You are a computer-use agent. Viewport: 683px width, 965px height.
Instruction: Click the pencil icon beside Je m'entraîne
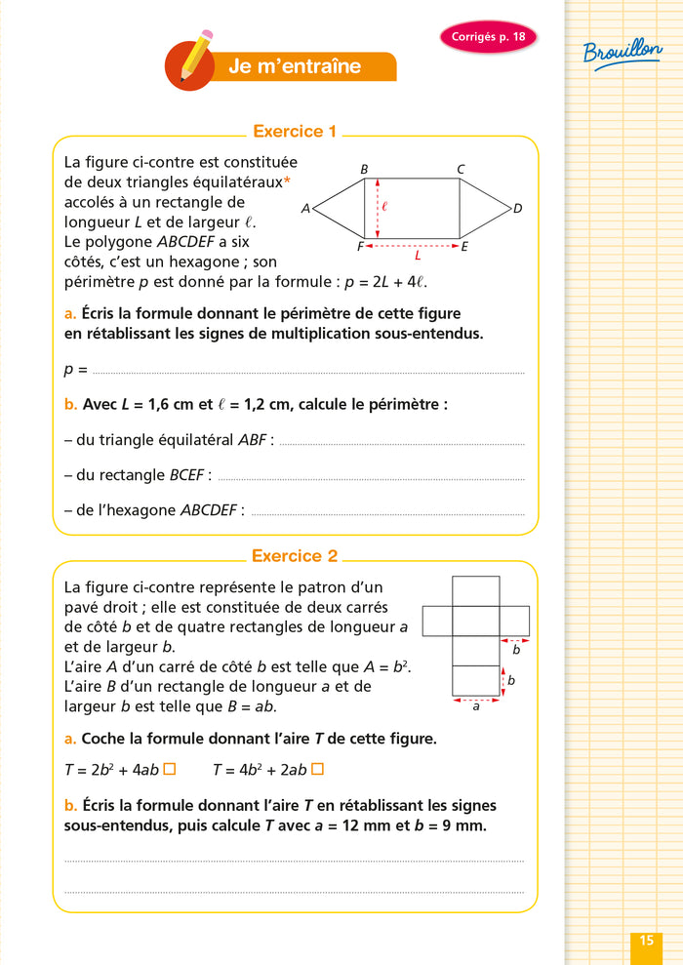(192, 60)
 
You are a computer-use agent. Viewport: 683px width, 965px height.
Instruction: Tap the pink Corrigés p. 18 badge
(488, 37)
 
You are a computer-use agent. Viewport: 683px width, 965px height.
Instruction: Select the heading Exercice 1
(295, 131)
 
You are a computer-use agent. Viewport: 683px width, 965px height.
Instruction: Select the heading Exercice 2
(295, 555)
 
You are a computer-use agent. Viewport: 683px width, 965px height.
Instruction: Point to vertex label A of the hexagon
(305, 209)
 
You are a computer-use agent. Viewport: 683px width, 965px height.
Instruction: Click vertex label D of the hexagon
(518, 208)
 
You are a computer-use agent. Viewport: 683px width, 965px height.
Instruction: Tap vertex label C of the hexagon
(461, 170)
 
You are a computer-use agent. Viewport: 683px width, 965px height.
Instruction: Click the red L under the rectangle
(418, 256)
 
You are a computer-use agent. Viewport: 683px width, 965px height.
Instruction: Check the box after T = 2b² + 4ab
(169, 769)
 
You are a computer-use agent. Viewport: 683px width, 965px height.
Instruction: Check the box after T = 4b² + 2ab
(316, 769)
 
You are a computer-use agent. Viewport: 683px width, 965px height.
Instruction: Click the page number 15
(646, 941)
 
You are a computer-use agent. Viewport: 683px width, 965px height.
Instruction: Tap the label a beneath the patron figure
(475, 706)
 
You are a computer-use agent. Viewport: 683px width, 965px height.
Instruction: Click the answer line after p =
(307, 372)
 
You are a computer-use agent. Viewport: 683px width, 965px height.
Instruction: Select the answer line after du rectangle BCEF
(371, 478)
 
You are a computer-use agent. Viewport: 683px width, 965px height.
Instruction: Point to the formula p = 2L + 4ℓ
(379, 282)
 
